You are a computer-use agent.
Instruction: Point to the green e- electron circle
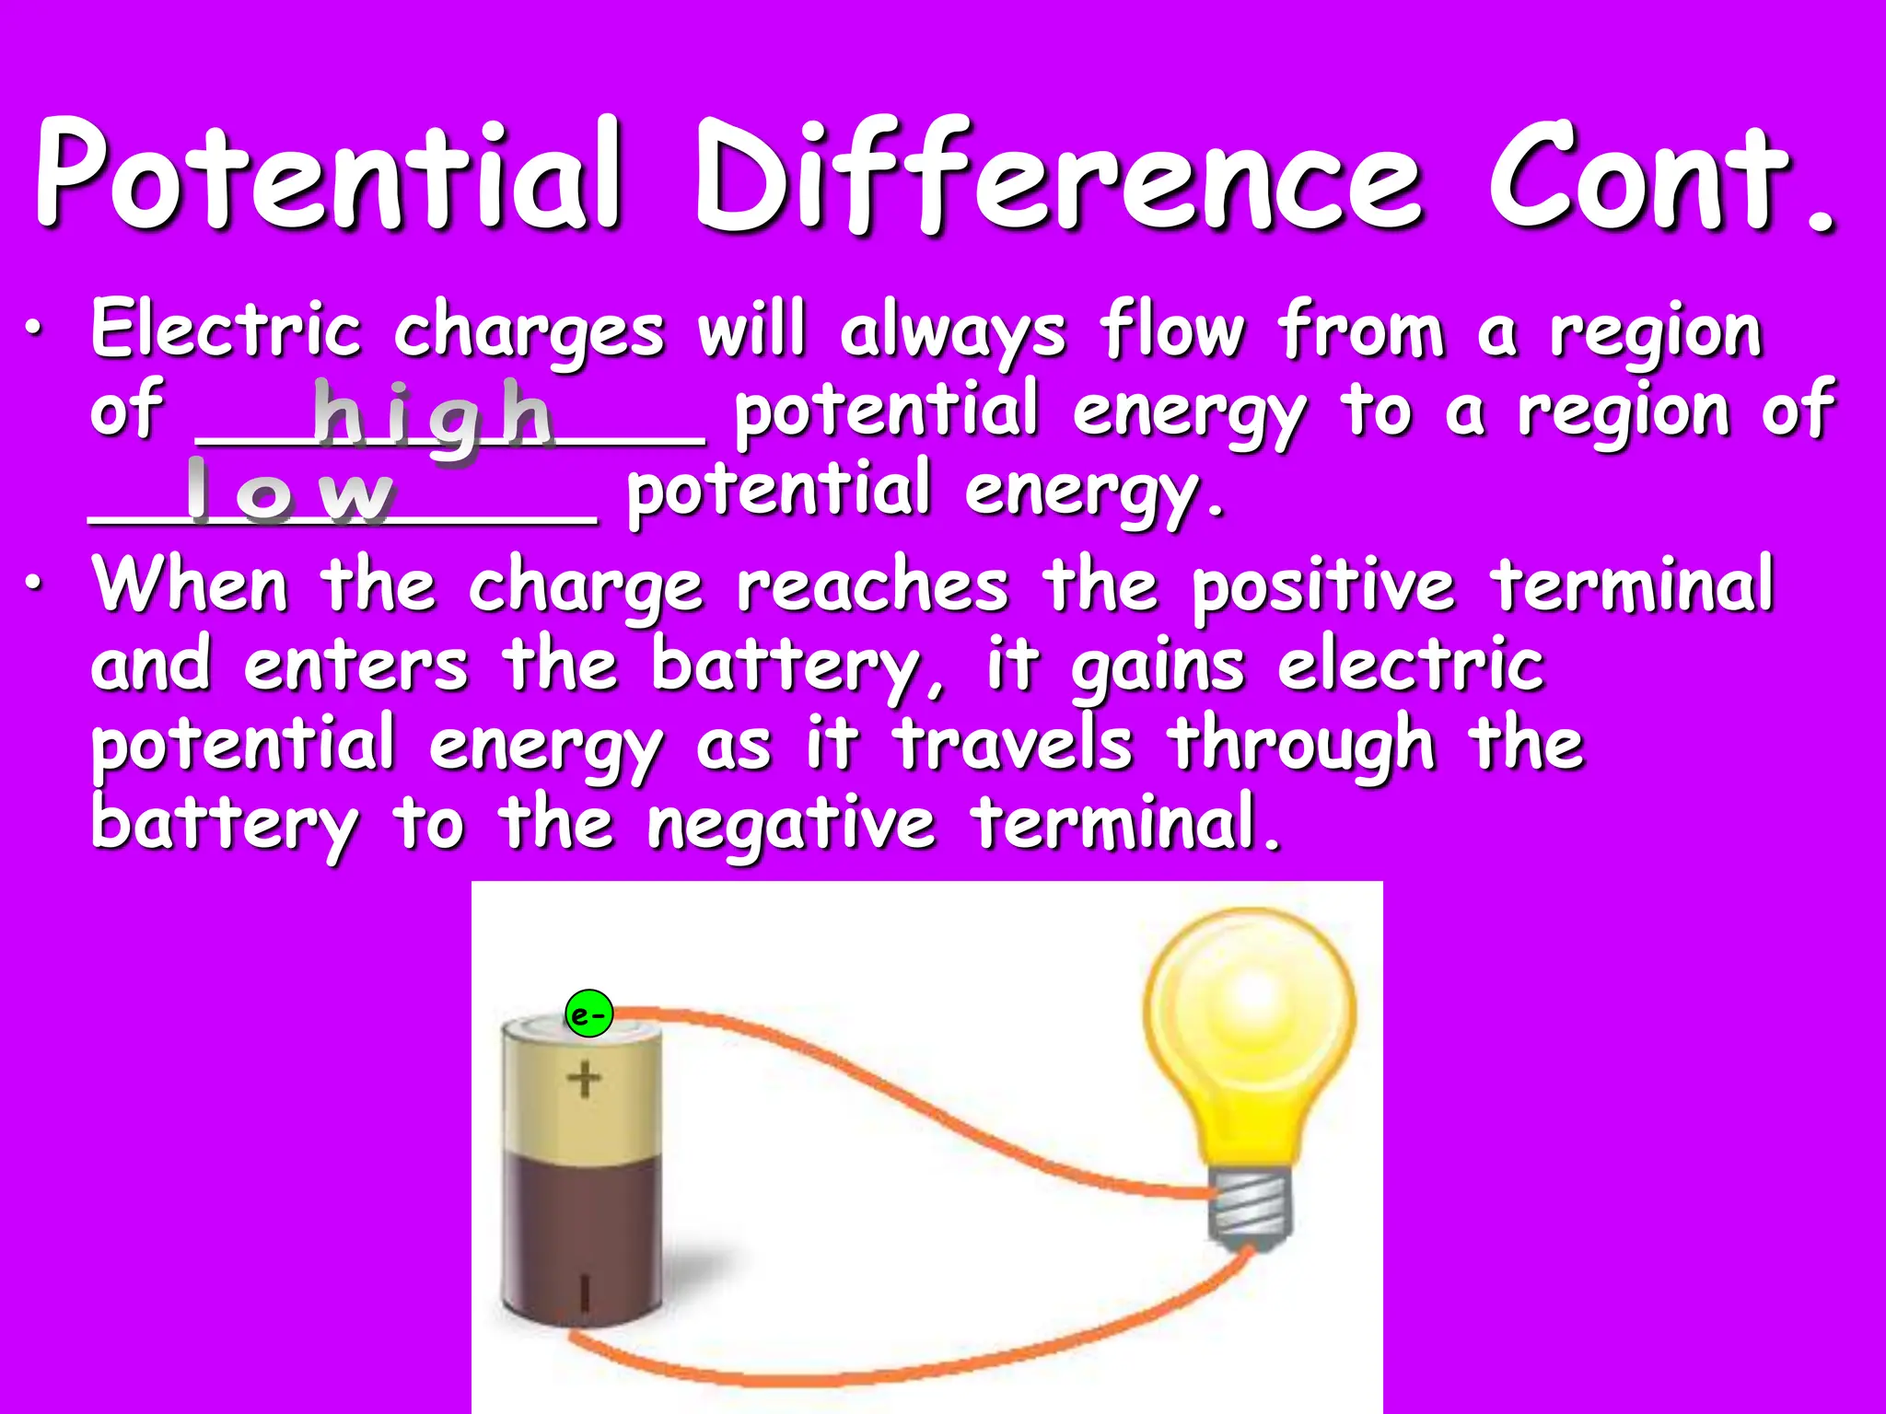[588, 1014]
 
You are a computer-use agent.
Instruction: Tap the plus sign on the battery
[584, 1079]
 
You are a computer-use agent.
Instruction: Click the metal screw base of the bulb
[1251, 1211]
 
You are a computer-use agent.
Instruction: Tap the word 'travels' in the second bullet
[1013, 744]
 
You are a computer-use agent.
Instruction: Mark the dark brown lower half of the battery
[582, 1234]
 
